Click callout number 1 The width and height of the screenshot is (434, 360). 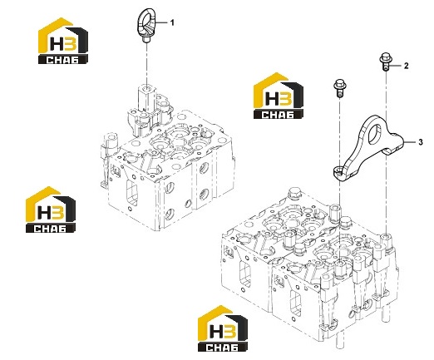tap(172, 22)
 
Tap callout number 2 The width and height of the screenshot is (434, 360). tap(406, 66)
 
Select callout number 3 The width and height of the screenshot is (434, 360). tap(421, 142)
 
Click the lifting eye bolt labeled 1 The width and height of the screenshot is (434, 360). tap(146, 25)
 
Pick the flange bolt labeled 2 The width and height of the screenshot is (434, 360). tap(386, 61)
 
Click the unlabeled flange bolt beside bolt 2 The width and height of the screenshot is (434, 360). tap(340, 88)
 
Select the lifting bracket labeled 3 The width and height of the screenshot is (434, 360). tap(367, 148)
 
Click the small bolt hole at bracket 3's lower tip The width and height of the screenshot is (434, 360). tap(338, 170)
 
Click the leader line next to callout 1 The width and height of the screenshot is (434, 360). tap(161, 22)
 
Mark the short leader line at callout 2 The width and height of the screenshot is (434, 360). tap(397, 66)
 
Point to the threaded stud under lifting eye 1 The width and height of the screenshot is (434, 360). tap(146, 40)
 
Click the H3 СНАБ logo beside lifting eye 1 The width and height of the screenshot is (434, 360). tap(63, 41)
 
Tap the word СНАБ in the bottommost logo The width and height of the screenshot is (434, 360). tap(222, 347)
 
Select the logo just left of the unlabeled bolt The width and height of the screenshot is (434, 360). tap(279, 96)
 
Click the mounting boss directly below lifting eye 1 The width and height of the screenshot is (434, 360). tap(146, 97)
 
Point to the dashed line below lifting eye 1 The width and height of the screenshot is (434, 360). tap(146, 64)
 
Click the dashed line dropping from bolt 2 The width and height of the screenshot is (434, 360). tap(386, 151)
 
